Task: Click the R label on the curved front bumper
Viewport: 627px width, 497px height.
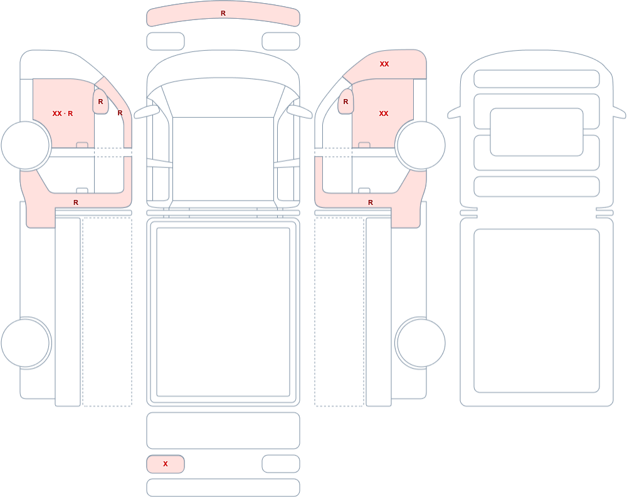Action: pos(223,14)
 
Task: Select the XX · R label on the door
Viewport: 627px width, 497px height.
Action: pos(63,113)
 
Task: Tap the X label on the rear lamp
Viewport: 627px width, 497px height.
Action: pos(166,464)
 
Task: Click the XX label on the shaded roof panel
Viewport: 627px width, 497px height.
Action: pos(384,64)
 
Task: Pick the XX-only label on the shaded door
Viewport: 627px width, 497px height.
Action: pos(384,113)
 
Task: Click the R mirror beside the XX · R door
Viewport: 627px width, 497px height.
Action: pos(101,102)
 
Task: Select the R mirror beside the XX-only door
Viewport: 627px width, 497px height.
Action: pos(346,102)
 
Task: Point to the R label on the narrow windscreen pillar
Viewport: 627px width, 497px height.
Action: pos(120,113)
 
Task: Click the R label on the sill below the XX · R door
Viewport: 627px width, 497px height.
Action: pos(76,202)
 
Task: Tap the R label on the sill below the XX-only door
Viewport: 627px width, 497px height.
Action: pos(371,202)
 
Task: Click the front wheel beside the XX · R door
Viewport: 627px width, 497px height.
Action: pos(26,145)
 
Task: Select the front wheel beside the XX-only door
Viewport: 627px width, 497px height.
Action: pos(420,145)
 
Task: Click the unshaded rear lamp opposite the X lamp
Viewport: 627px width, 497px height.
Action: pos(281,464)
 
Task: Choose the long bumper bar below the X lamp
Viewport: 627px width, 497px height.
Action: pos(223,488)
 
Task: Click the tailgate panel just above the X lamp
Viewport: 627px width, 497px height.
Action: pos(223,431)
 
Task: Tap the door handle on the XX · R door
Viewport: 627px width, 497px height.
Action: pos(82,145)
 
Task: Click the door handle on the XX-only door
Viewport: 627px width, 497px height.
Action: pos(364,145)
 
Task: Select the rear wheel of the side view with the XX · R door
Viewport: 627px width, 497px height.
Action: pos(26,343)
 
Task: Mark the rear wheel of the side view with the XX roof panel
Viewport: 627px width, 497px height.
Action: pos(420,343)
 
